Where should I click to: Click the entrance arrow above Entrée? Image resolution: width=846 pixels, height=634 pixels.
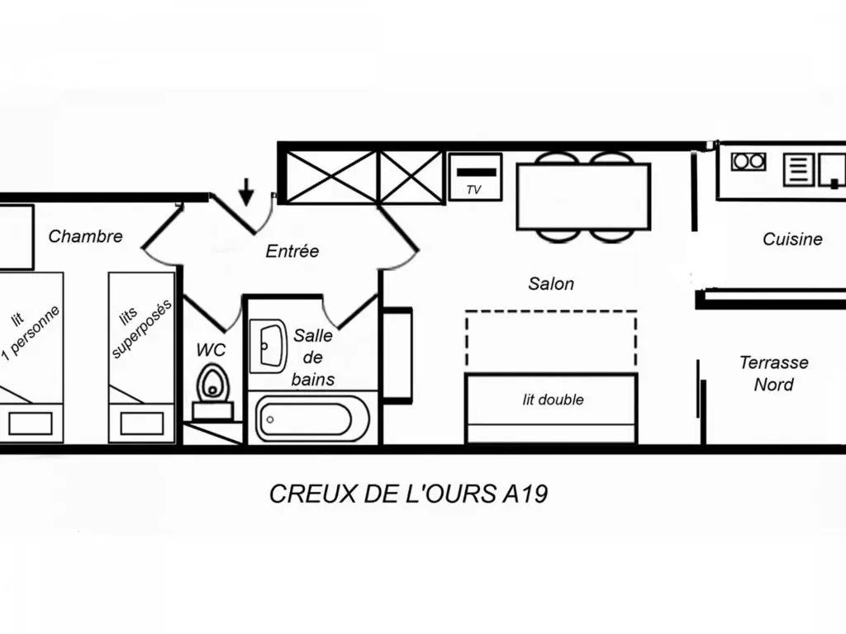(x=246, y=192)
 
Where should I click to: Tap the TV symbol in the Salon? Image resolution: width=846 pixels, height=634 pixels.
(x=475, y=177)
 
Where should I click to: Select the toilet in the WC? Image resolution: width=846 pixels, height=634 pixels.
(x=212, y=390)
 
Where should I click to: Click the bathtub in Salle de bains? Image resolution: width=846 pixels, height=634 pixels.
(x=312, y=419)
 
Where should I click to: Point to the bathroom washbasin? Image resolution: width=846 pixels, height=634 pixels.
(x=268, y=346)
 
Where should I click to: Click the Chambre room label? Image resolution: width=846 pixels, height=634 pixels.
(x=85, y=236)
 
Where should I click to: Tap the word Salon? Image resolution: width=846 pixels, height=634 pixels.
(x=551, y=284)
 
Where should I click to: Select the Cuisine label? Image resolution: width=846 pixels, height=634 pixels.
(x=792, y=239)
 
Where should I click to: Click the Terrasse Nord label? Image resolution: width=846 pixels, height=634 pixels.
(x=773, y=373)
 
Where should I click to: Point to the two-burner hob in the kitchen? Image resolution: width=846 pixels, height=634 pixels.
(x=749, y=161)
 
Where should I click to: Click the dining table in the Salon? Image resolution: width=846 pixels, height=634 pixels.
(x=583, y=196)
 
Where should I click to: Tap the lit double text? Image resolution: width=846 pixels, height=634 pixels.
(x=553, y=400)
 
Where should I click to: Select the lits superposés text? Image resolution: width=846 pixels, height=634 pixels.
(x=141, y=328)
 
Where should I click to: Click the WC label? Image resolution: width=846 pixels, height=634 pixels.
(x=211, y=350)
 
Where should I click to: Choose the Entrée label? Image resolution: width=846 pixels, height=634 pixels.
(x=292, y=251)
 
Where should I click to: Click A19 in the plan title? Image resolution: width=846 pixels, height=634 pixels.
(x=525, y=494)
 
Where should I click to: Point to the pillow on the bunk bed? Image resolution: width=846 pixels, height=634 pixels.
(x=142, y=423)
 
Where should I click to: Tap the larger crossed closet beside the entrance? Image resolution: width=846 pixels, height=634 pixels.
(x=330, y=177)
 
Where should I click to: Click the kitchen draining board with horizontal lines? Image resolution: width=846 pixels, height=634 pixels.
(x=798, y=169)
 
